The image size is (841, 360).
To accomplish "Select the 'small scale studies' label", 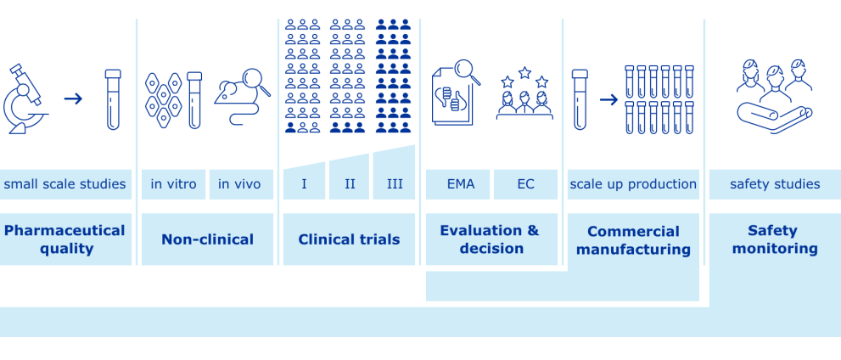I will pos(64,184).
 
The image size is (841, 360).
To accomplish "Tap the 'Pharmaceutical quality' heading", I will pos(64,239).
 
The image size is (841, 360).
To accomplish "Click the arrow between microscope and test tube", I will pos(74,98).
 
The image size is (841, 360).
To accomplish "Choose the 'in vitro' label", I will pos(173,184).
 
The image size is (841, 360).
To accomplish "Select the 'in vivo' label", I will pos(240,184).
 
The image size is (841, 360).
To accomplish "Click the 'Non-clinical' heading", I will pos(207,239).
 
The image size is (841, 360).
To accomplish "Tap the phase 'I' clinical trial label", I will pos(304,184).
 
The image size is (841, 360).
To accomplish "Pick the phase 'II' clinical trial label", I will pos(350,184).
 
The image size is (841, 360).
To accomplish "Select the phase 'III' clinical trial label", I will pos(395,184).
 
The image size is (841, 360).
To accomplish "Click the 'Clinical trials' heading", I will pos(349,239).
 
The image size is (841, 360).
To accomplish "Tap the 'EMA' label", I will pos(461,184).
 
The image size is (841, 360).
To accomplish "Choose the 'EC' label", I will pos(525,184).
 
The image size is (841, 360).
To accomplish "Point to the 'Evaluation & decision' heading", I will pos(490,239).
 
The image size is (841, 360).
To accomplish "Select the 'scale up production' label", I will pos(633,184).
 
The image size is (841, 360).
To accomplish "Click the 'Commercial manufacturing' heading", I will pos(633,240).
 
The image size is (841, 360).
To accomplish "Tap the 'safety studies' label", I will pos(775,184).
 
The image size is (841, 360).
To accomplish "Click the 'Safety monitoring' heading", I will pos(775,239).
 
